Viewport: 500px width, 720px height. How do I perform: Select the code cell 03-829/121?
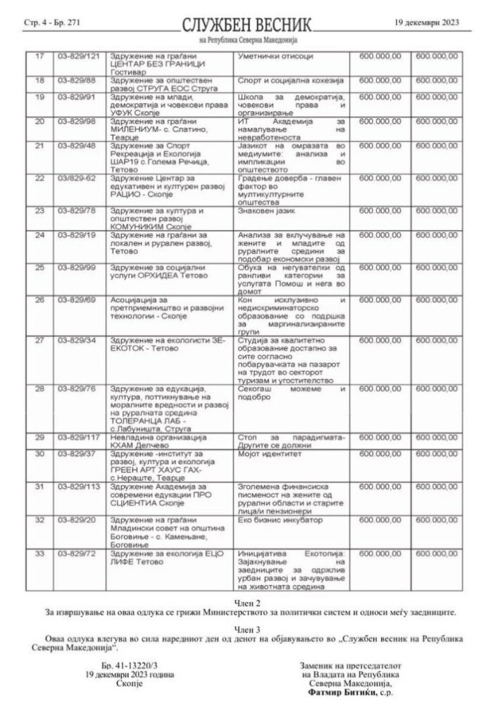[78, 55]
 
